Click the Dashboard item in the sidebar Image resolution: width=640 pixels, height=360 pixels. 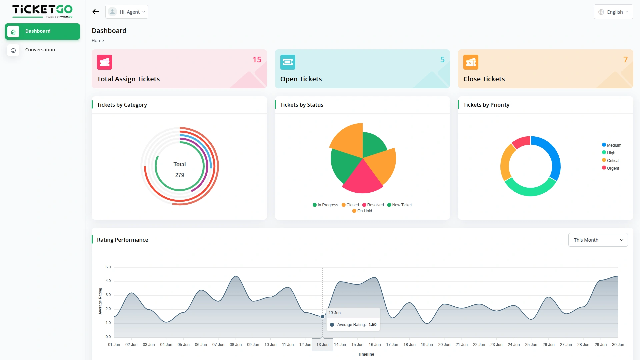pyautogui.click(x=42, y=31)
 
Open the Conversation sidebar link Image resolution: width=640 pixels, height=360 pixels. pyautogui.click(x=40, y=50)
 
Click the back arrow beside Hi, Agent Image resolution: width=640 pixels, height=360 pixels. pyautogui.click(x=96, y=12)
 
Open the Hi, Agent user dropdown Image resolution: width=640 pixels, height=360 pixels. pyautogui.click(x=127, y=12)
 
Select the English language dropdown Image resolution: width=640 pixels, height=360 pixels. pyautogui.click(x=613, y=12)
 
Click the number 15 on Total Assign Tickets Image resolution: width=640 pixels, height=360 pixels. pyautogui.click(x=257, y=60)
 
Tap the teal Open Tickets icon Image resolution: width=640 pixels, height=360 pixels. pyautogui.click(x=288, y=62)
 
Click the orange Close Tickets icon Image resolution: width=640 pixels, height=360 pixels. pyautogui.click(x=471, y=62)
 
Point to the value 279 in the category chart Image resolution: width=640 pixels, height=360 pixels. pyautogui.click(x=180, y=175)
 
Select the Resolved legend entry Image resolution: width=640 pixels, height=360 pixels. pyautogui.click(x=373, y=205)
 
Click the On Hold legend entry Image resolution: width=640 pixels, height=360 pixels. pyautogui.click(x=362, y=211)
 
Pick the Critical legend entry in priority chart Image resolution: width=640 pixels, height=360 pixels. pyautogui.click(x=611, y=161)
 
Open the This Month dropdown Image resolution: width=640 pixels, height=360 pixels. pyautogui.click(x=598, y=240)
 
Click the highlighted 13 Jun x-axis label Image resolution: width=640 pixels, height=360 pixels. pyautogui.click(x=322, y=345)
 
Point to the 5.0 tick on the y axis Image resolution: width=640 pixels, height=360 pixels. pyautogui.click(x=108, y=267)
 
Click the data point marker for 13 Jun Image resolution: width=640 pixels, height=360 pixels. pyautogui.click(x=322, y=317)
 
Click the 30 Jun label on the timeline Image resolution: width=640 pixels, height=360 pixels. pyautogui.click(x=618, y=345)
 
